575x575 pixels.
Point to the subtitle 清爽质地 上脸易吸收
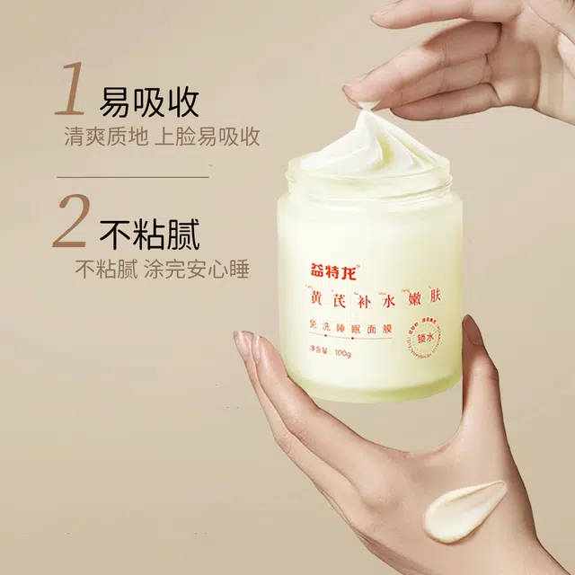coord(162,137)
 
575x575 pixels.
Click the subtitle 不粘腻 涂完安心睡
coord(162,269)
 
